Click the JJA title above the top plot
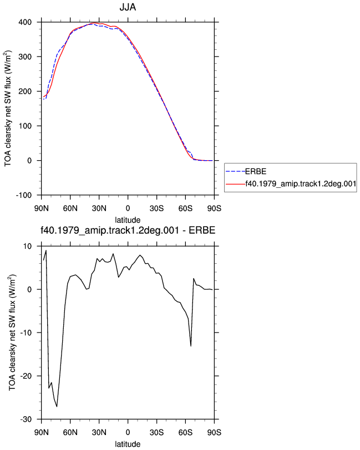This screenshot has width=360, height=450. pos(128,7)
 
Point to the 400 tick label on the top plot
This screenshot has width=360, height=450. pos(25,22)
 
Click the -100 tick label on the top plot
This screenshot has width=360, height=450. pos(23,196)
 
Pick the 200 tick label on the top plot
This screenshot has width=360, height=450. pos(25,91)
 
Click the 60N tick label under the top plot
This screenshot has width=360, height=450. pos(70,208)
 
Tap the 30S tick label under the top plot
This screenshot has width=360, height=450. pos(156,208)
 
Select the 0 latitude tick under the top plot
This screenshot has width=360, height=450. pos(128,208)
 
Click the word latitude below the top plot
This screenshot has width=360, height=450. pos(128,220)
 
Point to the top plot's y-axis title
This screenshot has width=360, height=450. pos(8,109)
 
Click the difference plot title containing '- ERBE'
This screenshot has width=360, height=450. pos(128,231)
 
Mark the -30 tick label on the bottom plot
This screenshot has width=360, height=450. pos(26,420)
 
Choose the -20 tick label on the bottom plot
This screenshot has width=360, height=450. pos(26,376)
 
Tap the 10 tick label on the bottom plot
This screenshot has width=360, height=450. pos(28,247)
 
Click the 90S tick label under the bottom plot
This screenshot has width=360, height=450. pos(214,432)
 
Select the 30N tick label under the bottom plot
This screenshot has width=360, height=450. pos(99,432)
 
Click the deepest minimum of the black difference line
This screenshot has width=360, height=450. pos(57,406)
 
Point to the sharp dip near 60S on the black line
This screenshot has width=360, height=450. pos(191,346)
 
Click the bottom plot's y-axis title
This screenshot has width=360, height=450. pos(12,333)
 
